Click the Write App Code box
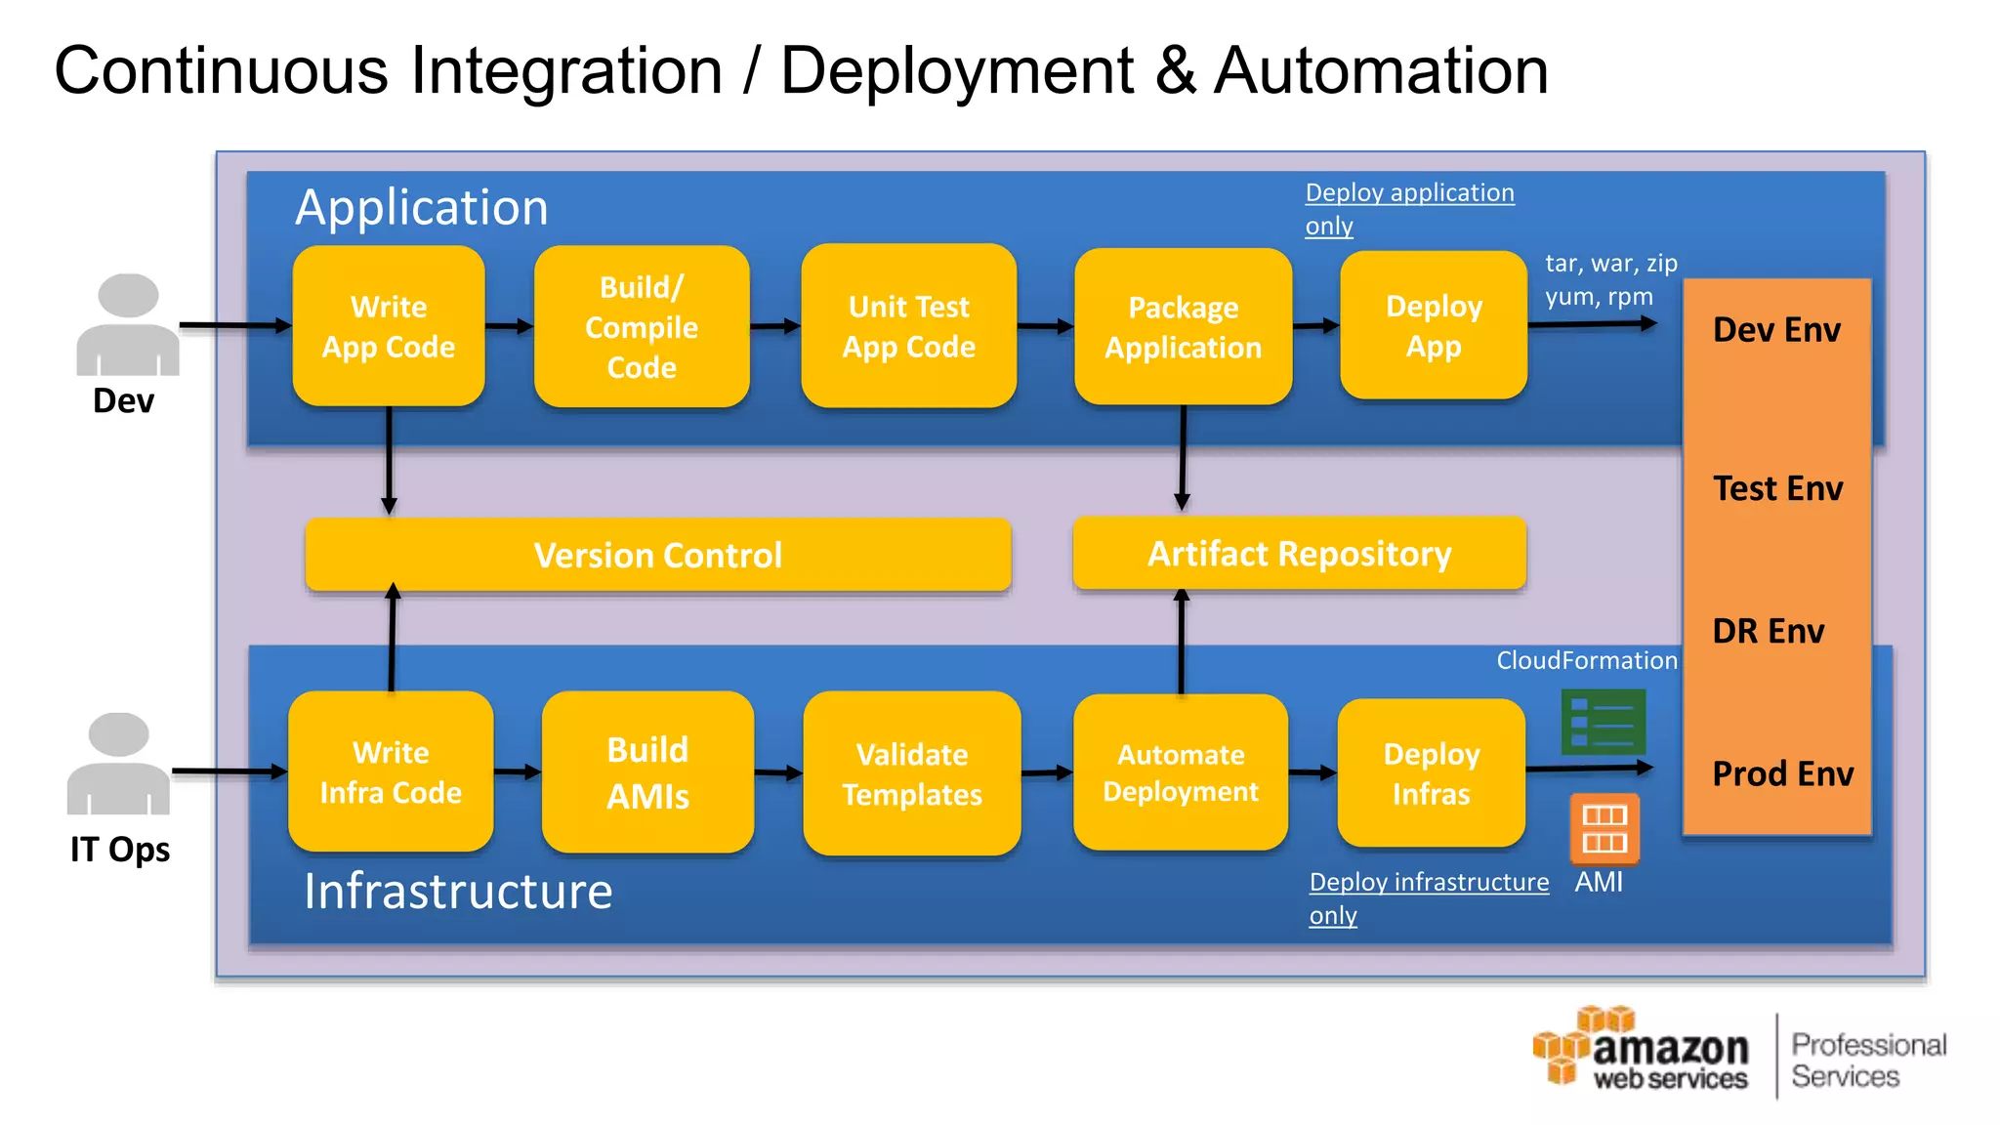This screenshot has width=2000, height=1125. pos(389,326)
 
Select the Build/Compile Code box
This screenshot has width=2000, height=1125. pos(642,326)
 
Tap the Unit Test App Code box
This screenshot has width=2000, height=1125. pos(908,326)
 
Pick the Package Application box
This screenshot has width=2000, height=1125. pos(1183,327)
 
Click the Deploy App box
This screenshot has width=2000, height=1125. pos(1434,325)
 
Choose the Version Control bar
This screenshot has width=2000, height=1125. pos(657,555)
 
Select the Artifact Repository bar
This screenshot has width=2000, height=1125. pos(1299,553)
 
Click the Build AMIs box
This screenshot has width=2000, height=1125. pos(647,771)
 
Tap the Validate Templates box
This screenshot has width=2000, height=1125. pos(912,773)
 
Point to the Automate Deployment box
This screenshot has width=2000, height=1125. pos(1181,771)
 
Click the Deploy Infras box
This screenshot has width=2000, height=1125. pos(1431,772)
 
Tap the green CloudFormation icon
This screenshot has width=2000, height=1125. pos(1603,722)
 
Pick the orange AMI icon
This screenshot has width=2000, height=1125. pos(1604,828)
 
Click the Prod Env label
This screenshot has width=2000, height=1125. pos(1782,773)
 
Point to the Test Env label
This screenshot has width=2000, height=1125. pos(1777,488)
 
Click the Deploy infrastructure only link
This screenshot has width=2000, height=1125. pos(1428,883)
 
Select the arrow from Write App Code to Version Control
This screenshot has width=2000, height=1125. pos(389,459)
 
